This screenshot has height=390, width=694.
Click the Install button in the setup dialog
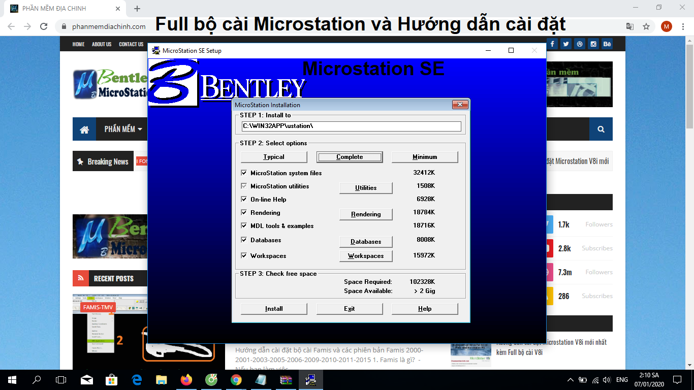274,309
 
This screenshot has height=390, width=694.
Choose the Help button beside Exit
425,309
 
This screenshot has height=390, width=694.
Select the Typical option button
274,157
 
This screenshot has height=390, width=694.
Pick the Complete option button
350,157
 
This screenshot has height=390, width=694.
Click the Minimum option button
425,157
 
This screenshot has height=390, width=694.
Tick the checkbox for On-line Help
244,200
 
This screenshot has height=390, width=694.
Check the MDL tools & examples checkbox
244,226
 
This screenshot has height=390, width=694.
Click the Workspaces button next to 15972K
366,256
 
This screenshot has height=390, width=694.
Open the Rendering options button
366,214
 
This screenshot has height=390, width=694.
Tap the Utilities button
366,188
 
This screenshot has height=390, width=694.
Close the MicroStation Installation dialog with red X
460,105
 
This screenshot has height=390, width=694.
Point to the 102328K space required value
422,282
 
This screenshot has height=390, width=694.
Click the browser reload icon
44,26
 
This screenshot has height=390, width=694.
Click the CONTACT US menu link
131,44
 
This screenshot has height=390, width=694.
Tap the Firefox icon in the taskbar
186,379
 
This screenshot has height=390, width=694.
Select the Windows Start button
12,379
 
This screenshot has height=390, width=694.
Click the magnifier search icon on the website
601,129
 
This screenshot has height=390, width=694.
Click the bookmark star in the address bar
646,26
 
